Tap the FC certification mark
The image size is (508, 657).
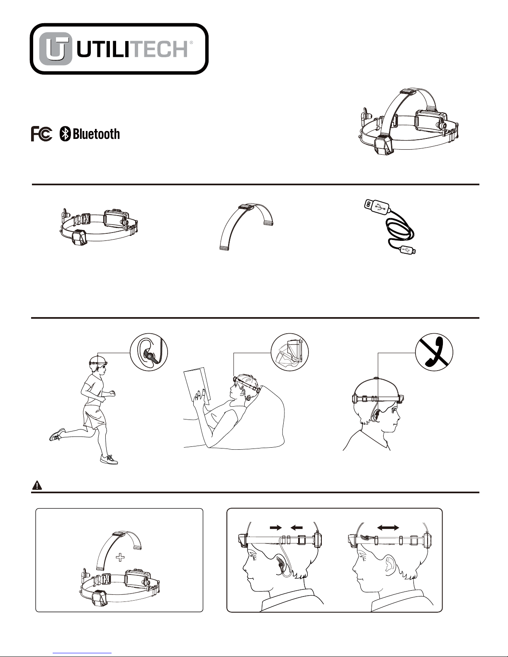[41, 134]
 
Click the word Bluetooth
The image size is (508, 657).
[96, 134]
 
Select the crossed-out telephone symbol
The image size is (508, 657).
[434, 353]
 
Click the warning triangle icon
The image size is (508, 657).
[37, 485]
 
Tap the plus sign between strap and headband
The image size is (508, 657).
[120, 558]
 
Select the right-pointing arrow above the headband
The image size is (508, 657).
[275, 527]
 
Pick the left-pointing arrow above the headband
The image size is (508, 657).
[297, 527]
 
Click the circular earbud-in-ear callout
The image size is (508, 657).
[148, 353]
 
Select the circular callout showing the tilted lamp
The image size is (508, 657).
[289, 353]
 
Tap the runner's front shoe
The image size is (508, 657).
[109, 459]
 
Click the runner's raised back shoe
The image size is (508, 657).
[56, 435]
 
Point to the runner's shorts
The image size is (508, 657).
[95, 416]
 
